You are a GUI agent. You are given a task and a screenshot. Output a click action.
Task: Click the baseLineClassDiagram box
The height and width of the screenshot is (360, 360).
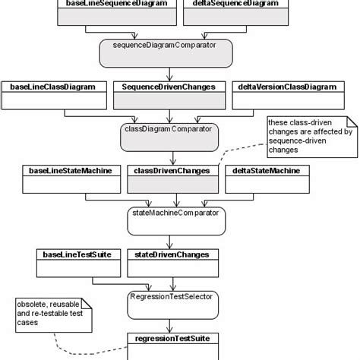[x=52, y=94]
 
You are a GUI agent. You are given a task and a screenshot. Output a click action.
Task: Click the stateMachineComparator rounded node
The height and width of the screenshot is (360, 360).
[x=175, y=220]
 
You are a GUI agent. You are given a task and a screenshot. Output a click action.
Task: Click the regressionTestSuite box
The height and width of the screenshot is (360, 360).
[x=176, y=342]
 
